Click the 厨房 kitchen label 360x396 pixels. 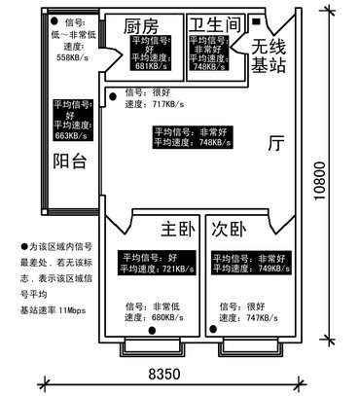[x=140, y=25]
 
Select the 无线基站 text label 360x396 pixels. [x=269, y=55]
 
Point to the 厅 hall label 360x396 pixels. [x=276, y=143]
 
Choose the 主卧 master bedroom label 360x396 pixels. [x=177, y=230]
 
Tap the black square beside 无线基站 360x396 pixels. [x=255, y=21]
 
